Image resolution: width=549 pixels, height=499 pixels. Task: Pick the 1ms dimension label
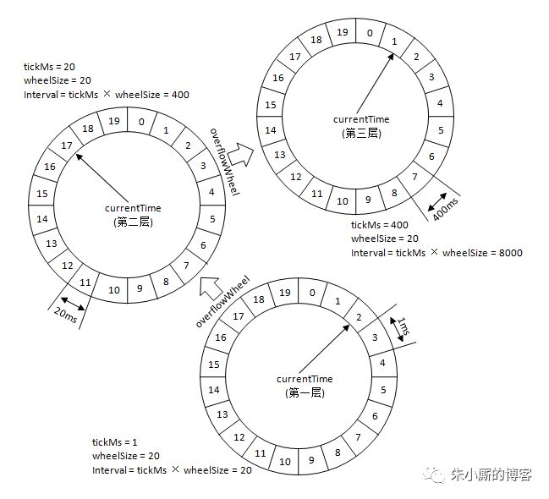[x=404, y=326]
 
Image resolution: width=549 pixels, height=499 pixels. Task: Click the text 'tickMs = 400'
[x=380, y=226]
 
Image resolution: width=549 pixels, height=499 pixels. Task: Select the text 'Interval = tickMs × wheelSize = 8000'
[x=436, y=252]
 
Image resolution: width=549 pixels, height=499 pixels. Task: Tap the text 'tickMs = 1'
[x=116, y=442]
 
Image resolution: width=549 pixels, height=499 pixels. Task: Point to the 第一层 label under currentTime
[x=304, y=392]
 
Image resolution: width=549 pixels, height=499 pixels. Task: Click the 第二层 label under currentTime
[x=133, y=222]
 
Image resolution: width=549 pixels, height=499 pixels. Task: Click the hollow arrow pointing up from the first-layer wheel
[x=210, y=288]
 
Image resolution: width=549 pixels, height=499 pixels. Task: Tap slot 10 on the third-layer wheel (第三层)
[x=342, y=200]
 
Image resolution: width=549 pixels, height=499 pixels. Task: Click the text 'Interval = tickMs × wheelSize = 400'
[x=107, y=95]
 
